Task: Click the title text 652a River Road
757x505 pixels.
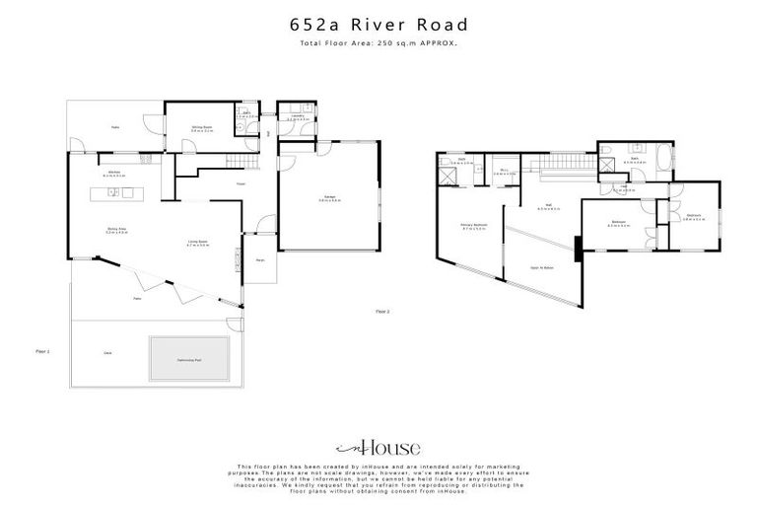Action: click(x=378, y=23)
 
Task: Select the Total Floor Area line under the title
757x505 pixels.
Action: click(x=378, y=43)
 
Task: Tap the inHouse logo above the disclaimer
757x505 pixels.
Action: click(x=378, y=447)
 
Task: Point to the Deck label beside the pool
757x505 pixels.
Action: click(x=106, y=351)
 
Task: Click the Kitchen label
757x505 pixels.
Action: click(x=113, y=174)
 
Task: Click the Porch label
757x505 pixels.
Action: click(x=260, y=260)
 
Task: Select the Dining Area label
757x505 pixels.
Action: click(x=115, y=230)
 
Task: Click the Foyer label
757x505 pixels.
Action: click(x=241, y=183)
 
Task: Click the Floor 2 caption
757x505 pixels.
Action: click(x=382, y=312)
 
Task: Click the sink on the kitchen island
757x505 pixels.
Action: click(x=115, y=191)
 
